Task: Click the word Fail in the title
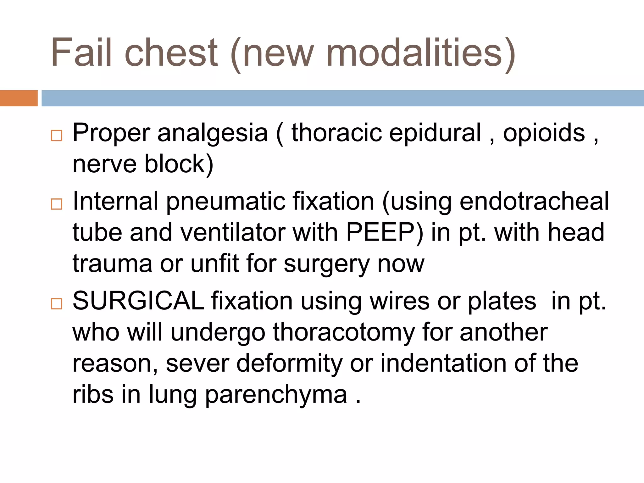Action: click(81, 52)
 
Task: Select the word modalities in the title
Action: click(414, 52)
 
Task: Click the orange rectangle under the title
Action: click(19, 98)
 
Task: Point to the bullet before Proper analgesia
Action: click(57, 136)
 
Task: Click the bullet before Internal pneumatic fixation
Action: click(57, 204)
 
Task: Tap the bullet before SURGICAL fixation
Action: click(57, 304)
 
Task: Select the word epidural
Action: click(435, 133)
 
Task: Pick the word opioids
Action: click(544, 133)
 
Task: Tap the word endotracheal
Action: click(534, 201)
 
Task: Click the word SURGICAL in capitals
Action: click(138, 301)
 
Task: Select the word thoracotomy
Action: click(344, 332)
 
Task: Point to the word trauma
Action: click(112, 264)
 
